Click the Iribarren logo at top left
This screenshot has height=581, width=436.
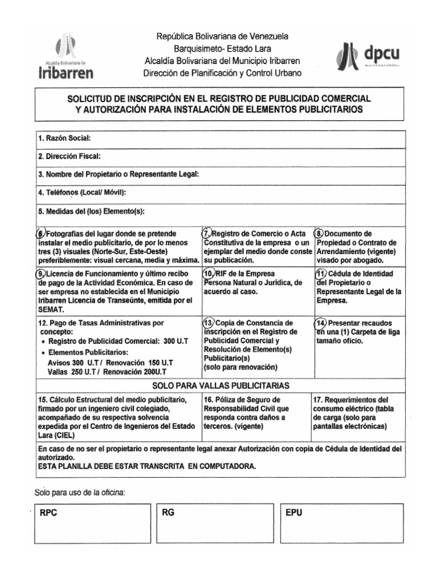tap(66, 57)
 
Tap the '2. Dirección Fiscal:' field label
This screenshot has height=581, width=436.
tap(69, 157)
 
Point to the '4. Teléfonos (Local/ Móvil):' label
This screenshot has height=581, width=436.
tap(82, 193)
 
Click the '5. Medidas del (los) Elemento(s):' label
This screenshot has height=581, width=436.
tap(91, 212)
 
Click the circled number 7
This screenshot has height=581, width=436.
tap(207, 234)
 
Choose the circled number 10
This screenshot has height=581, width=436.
tap(208, 273)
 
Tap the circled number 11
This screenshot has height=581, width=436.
tap(319, 273)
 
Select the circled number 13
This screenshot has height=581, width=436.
tap(208, 322)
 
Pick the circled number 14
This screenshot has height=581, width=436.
tap(320, 322)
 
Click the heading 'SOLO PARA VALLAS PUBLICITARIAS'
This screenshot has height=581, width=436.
tap(221, 385)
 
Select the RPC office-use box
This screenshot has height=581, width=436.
tap(93, 522)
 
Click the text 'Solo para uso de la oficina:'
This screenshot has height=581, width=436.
tap(79, 492)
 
